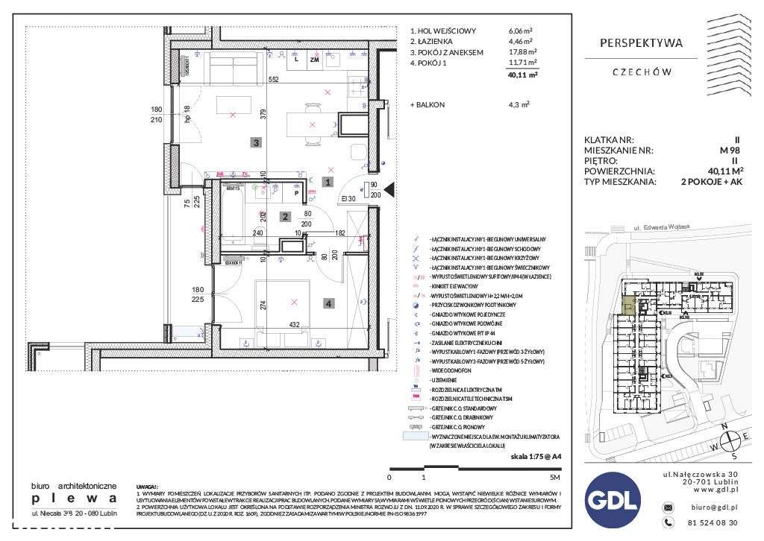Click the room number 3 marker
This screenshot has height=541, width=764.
[255, 142]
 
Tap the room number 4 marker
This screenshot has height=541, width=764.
[330, 303]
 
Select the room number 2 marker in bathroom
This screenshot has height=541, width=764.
[284, 217]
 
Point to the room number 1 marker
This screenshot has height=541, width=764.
[326, 181]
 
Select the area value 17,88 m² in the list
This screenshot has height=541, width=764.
[519, 52]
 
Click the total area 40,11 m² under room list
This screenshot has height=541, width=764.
[522, 75]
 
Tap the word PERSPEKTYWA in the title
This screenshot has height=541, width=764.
[642, 44]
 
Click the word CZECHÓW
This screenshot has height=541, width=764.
[642, 72]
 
